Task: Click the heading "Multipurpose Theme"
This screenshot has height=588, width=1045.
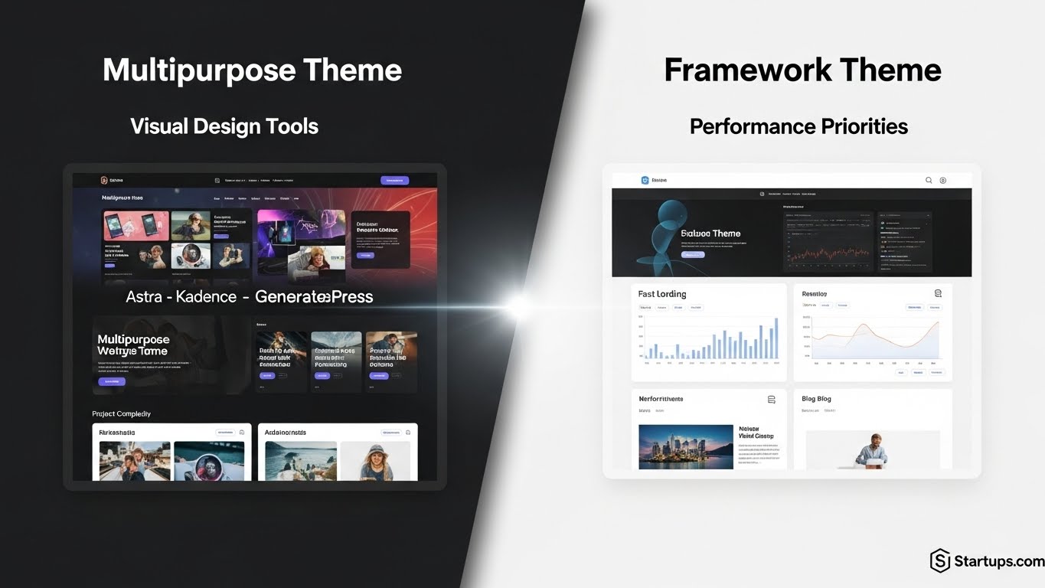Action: click(252, 70)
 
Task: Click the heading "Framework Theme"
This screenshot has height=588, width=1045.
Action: click(802, 70)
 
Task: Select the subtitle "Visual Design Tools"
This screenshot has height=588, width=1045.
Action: click(224, 126)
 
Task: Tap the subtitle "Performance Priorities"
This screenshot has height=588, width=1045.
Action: click(798, 126)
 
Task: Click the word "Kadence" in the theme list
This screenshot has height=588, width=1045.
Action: click(206, 296)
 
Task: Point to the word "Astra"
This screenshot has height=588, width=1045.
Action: click(144, 296)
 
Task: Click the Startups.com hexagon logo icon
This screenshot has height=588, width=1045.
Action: click(940, 560)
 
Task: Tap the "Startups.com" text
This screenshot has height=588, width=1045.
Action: click(999, 561)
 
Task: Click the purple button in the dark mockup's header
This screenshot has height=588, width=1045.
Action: click(394, 181)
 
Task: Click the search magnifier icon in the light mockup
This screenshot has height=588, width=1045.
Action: click(929, 181)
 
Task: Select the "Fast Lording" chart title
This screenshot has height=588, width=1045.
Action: click(662, 294)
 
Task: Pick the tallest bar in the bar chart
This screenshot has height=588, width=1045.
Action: click(776, 339)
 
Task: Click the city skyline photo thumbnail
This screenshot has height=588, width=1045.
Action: click(685, 446)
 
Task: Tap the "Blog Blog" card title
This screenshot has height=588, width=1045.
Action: click(816, 399)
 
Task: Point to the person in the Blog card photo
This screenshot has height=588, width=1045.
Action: click(871, 449)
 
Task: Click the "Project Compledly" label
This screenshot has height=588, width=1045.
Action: click(121, 413)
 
